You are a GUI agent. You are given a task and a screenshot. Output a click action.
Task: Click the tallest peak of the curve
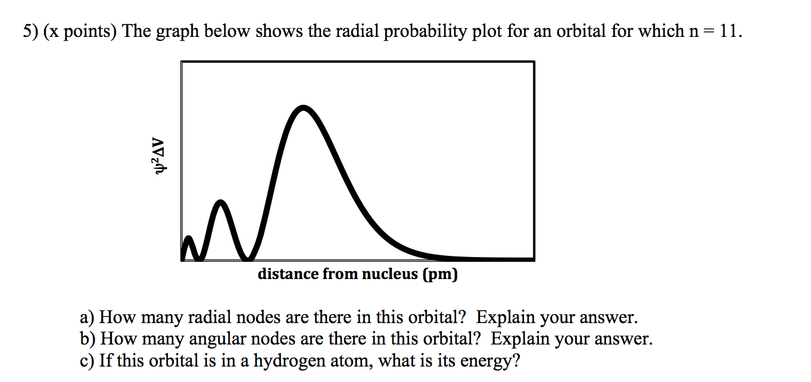[x=304, y=108]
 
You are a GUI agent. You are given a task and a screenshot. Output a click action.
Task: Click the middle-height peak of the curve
[x=221, y=203]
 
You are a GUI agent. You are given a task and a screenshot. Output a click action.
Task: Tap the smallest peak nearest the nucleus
[x=189, y=239]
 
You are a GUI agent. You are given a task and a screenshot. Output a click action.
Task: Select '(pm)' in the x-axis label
[x=439, y=274]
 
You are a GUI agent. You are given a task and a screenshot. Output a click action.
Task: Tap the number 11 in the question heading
[x=729, y=32]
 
